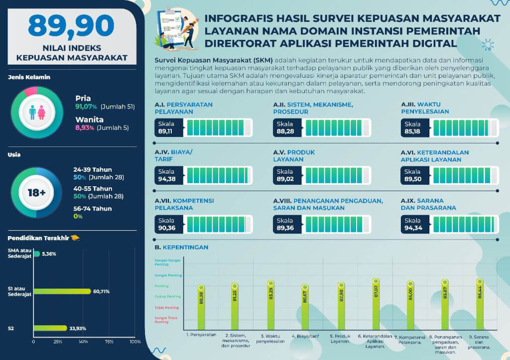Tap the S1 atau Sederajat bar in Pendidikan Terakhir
click(x=62, y=291)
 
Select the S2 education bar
click(x=50, y=328)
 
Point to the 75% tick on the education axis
click(x=109, y=342)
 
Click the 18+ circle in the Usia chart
click(x=36, y=193)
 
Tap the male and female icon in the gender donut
click(x=36, y=112)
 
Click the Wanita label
click(x=89, y=120)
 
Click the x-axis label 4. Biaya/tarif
click(x=305, y=335)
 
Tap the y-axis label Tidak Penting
click(x=167, y=307)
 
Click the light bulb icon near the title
click(x=488, y=46)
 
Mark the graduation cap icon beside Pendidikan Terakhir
click(x=75, y=238)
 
